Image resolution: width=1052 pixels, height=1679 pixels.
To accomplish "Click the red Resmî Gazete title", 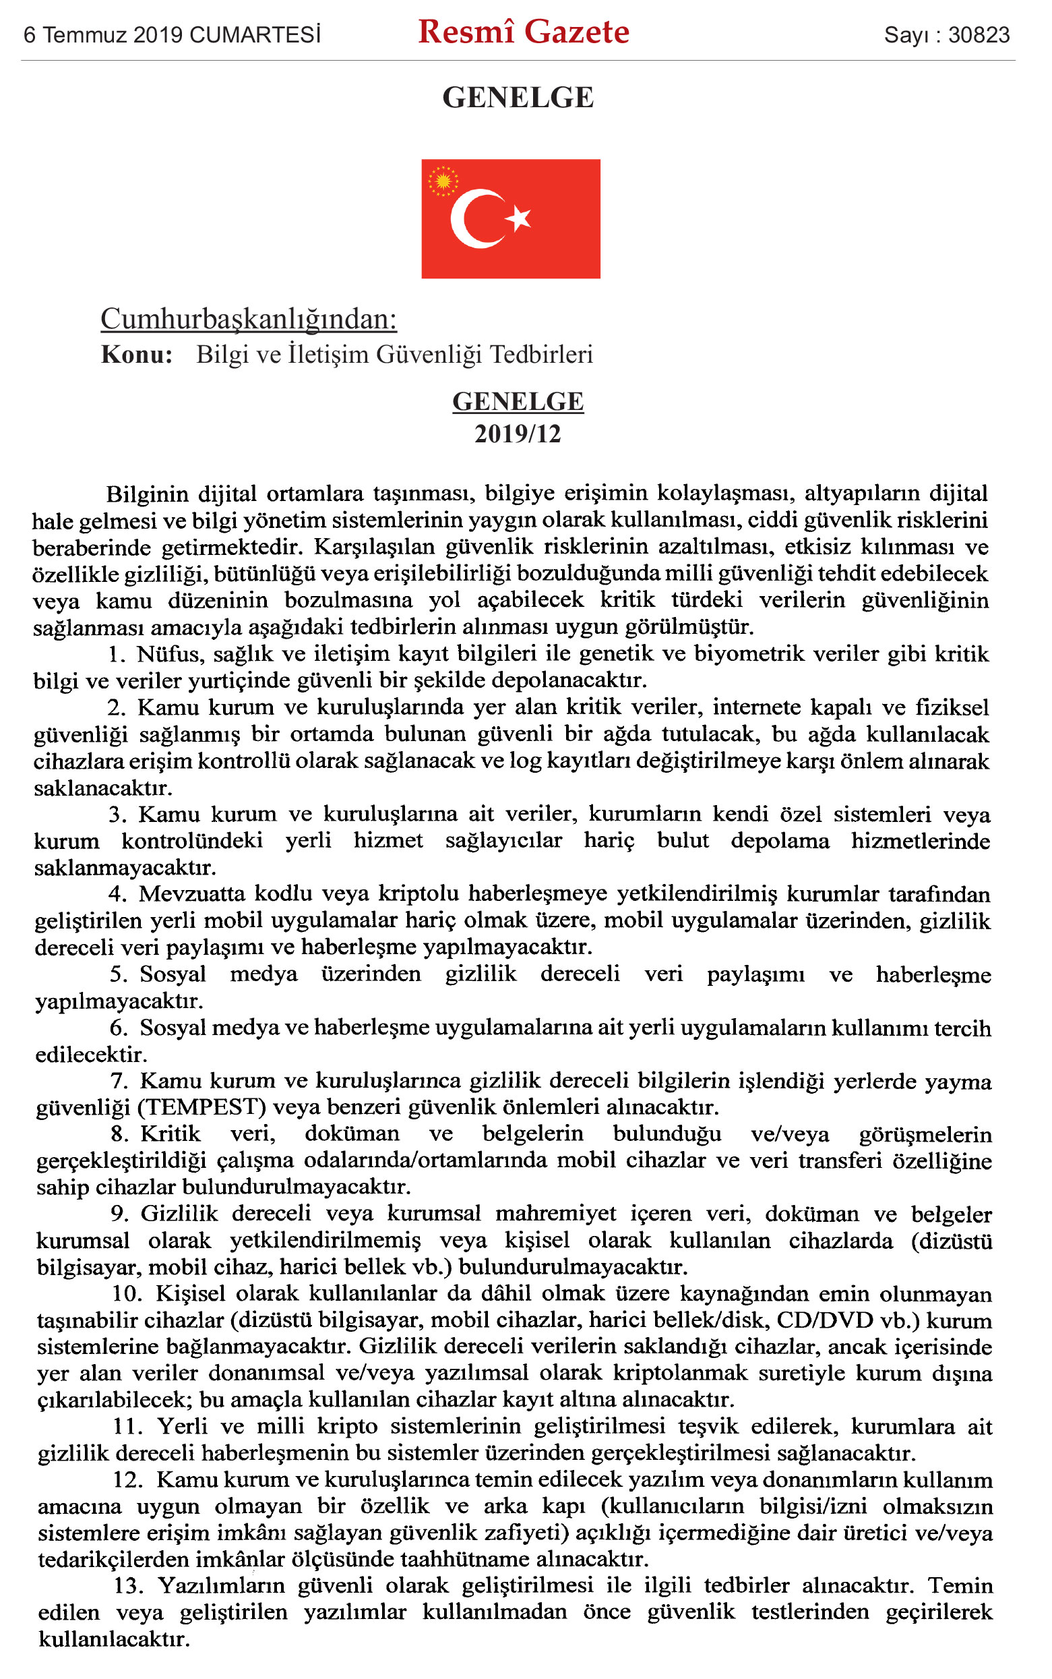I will coord(523,32).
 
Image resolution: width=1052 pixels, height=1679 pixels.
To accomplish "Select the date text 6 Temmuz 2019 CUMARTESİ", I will coord(172,35).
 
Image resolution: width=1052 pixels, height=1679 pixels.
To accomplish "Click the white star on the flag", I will coord(518,218).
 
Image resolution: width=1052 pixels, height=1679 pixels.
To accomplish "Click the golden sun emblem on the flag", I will coord(443,181).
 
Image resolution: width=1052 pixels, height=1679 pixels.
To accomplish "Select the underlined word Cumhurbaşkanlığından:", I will coord(249,319).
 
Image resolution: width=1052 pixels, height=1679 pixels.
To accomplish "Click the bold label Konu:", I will coord(137,354).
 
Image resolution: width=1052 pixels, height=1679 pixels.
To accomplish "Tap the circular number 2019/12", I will coord(518,434).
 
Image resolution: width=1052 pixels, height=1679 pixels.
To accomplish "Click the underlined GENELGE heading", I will coord(518,402).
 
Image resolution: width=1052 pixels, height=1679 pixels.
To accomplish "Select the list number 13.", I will coord(128,1586).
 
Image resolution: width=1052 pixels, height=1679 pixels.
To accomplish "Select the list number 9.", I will coord(119,1213).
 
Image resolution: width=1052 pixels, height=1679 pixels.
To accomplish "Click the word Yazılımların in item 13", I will coord(222,1586).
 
